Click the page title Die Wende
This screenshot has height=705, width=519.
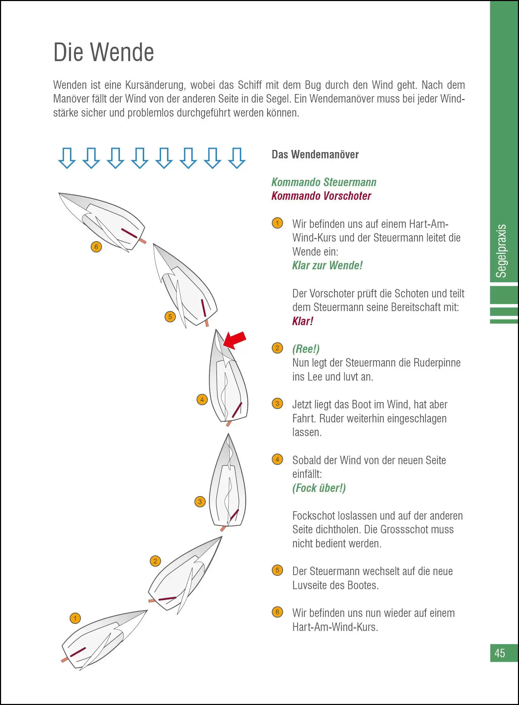(103, 52)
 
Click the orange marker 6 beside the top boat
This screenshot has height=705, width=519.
(96, 247)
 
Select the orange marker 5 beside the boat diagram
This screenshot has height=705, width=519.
(170, 317)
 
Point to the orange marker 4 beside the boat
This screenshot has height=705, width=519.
(202, 400)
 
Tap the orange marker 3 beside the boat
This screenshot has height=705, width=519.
(200, 502)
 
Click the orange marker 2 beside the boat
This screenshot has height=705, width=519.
(155, 561)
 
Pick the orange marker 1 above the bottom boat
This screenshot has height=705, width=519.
(75, 618)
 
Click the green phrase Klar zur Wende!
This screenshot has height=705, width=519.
(327, 265)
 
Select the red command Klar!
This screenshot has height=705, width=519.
(302, 321)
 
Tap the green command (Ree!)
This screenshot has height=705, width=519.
(306, 349)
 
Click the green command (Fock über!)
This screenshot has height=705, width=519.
(319, 488)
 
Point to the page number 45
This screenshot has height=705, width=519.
(499, 653)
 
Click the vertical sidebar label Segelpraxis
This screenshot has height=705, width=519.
(501, 251)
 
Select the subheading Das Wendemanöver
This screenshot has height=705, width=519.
(315, 154)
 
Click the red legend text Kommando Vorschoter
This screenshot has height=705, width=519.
(321, 196)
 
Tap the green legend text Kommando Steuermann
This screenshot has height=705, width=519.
(323, 182)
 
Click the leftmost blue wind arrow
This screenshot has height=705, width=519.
(67, 158)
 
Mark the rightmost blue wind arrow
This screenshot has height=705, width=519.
(237, 158)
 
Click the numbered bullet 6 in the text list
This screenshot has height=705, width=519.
(277, 612)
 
